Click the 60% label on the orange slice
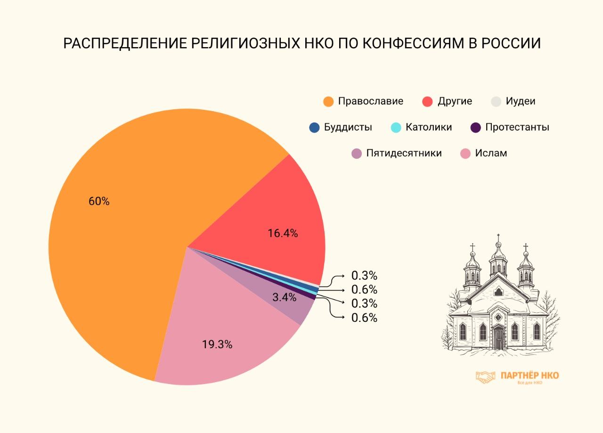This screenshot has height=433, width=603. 99,201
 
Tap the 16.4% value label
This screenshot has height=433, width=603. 283,233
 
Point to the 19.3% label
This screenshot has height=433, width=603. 217,344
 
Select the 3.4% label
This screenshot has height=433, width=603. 284,297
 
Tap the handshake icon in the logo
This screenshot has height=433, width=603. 486,376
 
